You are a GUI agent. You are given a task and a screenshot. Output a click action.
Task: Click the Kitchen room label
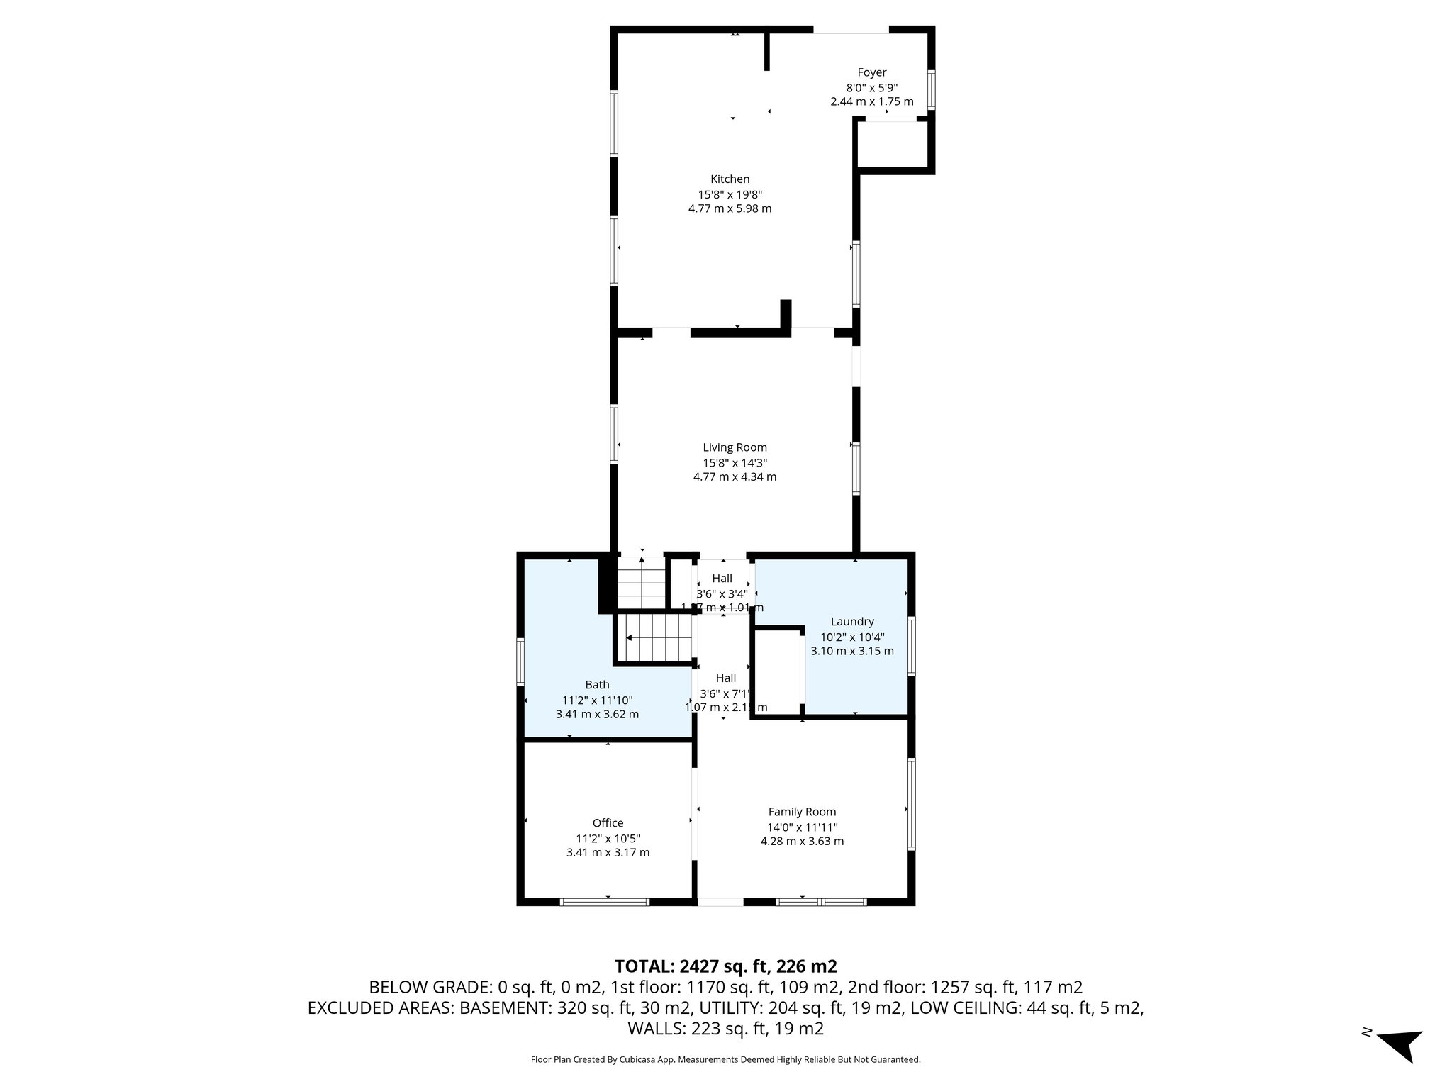pos(730,179)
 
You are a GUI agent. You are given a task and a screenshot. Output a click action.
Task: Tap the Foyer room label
pos(871,72)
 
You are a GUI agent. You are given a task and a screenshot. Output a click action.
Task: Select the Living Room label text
pos(735,447)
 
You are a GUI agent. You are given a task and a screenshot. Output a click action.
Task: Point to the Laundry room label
pos(851,622)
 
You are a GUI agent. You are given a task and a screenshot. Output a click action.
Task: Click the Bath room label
pos(597,685)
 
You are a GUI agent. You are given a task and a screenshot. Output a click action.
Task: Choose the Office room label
pos(608,823)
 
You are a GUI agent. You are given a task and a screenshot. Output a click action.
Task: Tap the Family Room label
pos(802,812)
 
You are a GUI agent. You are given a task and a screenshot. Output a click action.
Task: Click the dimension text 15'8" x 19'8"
pos(730,194)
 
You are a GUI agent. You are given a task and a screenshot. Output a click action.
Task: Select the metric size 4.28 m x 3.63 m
pos(802,842)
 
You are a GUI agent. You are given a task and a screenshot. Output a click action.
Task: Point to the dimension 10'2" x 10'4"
pos(851,637)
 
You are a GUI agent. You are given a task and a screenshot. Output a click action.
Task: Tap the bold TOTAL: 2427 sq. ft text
pos(725,966)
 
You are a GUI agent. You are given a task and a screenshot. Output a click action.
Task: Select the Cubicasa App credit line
pos(725,1060)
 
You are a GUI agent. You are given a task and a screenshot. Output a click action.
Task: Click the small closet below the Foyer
pos(893,145)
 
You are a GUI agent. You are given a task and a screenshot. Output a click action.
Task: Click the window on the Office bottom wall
pos(604,903)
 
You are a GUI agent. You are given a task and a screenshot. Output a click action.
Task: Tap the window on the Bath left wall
pos(520,661)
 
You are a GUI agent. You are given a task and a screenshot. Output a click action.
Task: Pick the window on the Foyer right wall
pos(932,89)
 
